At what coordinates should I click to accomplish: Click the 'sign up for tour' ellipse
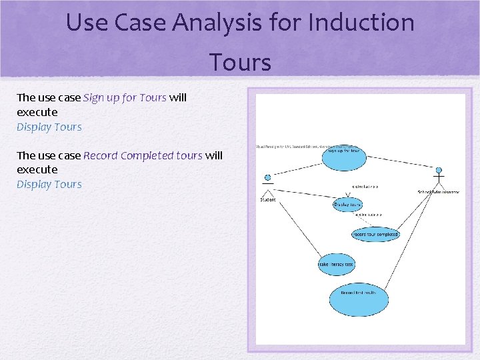344,151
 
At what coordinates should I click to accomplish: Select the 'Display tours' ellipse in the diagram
348,205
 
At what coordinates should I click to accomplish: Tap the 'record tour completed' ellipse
375,234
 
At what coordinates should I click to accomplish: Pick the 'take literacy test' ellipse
336,265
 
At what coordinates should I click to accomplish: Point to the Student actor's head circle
267,178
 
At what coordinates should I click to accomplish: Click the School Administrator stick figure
438,179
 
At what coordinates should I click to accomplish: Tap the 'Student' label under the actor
267,199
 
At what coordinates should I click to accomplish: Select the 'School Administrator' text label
438,192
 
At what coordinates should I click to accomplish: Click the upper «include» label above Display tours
365,187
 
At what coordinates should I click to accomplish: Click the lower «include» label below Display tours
369,215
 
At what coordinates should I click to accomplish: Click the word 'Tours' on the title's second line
240,63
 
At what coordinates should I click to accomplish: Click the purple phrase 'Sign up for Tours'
125,97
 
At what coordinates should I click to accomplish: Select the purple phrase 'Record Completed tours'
143,155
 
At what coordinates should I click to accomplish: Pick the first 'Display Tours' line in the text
49,127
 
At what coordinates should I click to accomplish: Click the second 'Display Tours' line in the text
49,184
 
